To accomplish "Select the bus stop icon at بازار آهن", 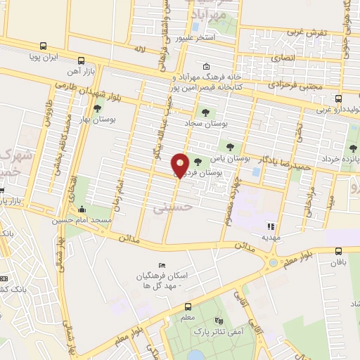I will pyautogui.click(x=82, y=60).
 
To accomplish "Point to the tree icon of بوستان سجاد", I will pyautogui.click(x=205, y=112).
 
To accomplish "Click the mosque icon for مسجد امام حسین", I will pyautogui.click(x=82, y=209).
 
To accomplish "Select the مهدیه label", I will pyautogui.click(x=270, y=237).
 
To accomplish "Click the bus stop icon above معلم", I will pyautogui.click(x=188, y=307).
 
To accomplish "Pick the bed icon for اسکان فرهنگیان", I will pyautogui.click(x=163, y=264).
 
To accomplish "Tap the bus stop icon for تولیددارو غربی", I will pyautogui.click(x=339, y=98).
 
